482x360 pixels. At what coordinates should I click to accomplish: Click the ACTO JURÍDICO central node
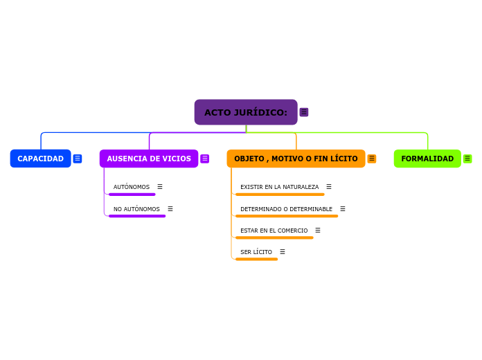[246, 112]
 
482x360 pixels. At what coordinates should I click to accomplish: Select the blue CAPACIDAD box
[40, 159]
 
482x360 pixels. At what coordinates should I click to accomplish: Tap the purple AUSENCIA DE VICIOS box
[149, 159]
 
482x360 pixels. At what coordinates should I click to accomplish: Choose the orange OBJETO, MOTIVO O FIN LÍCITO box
[296, 159]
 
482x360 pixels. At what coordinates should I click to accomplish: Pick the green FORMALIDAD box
[427, 159]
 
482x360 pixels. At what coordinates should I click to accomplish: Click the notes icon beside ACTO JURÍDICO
[304, 112]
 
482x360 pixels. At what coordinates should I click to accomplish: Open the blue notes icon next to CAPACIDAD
[78, 159]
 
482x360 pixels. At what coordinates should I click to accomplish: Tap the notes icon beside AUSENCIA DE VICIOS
[205, 159]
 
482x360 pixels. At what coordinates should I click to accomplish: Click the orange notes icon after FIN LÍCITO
[372, 159]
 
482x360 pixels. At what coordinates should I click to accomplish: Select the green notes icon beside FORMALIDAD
[467, 159]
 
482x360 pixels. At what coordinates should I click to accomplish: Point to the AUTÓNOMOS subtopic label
[132, 187]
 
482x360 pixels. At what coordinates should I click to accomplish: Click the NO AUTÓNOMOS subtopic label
[136, 209]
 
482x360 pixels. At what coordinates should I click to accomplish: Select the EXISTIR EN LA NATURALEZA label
[279, 187]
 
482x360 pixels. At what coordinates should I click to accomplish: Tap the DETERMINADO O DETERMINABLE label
[286, 209]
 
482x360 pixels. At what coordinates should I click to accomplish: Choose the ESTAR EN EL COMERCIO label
[274, 231]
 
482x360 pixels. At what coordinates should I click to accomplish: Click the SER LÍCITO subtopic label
[256, 252]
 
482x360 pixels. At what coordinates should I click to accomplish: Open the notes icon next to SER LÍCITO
[283, 252]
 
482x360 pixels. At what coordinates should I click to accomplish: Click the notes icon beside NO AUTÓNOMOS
[170, 209]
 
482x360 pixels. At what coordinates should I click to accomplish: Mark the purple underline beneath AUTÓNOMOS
[132, 195]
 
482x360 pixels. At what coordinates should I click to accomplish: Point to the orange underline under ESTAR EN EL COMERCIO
[274, 237]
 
